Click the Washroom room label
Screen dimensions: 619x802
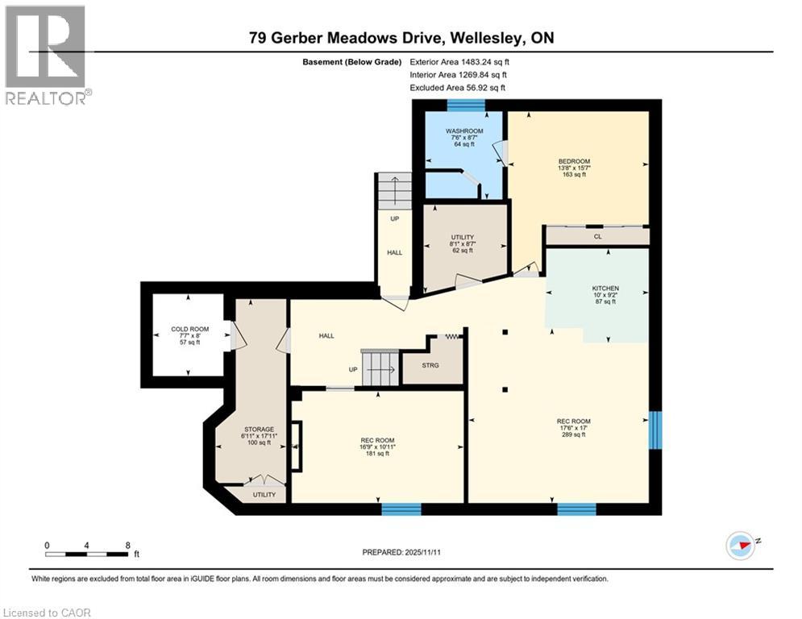(x=463, y=131)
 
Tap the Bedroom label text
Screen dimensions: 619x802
(x=574, y=161)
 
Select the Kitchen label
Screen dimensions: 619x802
(x=605, y=288)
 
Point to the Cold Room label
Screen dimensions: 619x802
(x=189, y=329)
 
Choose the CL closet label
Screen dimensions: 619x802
(x=597, y=236)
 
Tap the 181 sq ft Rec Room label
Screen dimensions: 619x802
(x=377, y=440)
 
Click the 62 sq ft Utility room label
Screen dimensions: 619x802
(x=462, y=237)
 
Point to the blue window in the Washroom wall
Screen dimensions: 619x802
(x=466, y=104)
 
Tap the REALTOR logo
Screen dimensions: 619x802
(x=46, y=54)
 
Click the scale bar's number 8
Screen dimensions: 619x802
(x=127, y=544)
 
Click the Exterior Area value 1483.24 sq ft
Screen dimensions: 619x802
(x=459, y=61)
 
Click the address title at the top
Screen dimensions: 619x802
(x=401, y=38)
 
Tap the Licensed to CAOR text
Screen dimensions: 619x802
(x=46, y=613)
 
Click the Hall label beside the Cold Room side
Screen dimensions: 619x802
(x=326, y=335)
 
